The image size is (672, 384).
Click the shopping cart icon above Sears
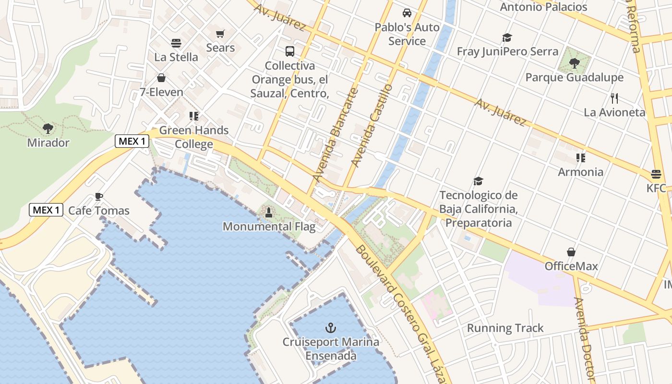pyautogui.click(x=220, y=34)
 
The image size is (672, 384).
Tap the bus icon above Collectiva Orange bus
pyautogui.click(x=289, y=51)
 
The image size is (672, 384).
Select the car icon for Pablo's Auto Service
pyautogui.click(x=407, y=13)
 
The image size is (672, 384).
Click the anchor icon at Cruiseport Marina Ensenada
pyautogui.click(x=330, y=328)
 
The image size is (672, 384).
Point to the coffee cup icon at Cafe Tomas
pyautogui.click(x=99, y=196)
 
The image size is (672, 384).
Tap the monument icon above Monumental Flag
pyautogui.click(x=269, y=212)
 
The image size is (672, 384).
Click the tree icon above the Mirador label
pyautogui.click(x=48, y=128)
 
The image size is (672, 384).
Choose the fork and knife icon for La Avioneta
pyautogui.click(x=614, y=98)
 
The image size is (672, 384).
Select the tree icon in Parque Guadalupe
pyautogui.click(x=574, y=63)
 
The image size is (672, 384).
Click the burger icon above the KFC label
pyautogui.click(x=656, y=174)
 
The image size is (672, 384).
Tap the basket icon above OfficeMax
pyautogui.click(x=571, y=252)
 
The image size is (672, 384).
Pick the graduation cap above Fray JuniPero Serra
pyautogui.click(x=507, y=37)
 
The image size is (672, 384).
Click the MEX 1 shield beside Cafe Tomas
pyautogui.click(x=47, y=210)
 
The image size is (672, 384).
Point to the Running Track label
pyautogui.click(x=505, y=328)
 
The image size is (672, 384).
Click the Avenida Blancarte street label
pyautogui.click(x=335, y=134)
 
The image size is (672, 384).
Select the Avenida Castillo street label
pyautogui.click(x=372, y=126)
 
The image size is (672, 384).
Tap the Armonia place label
pyautogui.click(x=580, y=172)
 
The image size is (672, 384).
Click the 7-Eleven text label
pyautogui.click(x=161, y=92)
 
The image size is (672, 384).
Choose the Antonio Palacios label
pyautogui.click(x=543, y=7)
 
